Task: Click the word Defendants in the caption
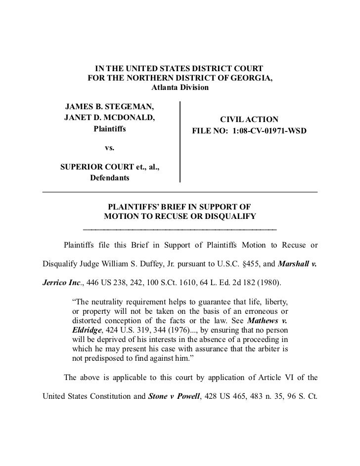click(109, 177)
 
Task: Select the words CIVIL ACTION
click(249, 120)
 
